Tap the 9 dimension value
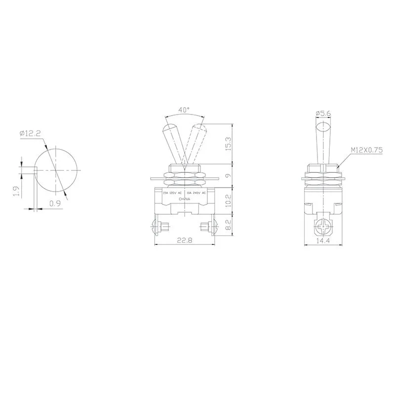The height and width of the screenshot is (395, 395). (228, 175)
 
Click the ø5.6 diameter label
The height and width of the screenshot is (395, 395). (323, 113)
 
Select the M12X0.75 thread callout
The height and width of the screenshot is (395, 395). (367, 149)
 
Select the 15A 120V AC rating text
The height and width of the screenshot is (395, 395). (172, 194)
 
